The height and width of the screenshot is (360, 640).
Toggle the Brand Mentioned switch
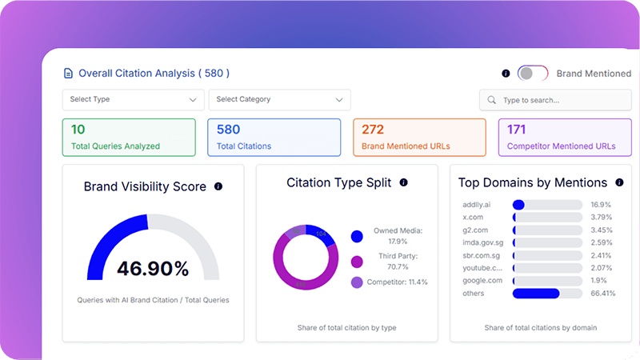[x=532, y=74]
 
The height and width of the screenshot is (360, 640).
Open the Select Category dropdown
[x=279, y=100]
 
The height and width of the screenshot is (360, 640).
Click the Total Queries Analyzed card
[x=129, y=137]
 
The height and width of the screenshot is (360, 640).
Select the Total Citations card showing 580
[x=274, y=137]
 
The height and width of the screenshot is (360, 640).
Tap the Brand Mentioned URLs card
[x=419, y=137]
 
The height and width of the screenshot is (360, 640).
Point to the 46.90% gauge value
[x=152, y=268]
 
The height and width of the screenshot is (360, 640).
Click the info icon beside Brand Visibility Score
[x=218, y=186]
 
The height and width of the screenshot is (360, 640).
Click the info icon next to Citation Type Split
[x=403, y=183]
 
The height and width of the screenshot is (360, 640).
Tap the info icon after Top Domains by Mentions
[x=619, y=183]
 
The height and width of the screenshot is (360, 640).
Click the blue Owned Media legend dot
[x=357, y=236]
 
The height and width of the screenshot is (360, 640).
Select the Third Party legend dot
[x=357, y=261]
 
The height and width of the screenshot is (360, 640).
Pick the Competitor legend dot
[x=357, y=282]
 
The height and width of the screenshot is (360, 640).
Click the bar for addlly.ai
[x=547, y=205]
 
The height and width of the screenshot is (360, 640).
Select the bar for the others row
[x=547, y=294]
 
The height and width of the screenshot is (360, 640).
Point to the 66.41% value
[x=603, y=294]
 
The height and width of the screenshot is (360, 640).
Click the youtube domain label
[x=482, y=268]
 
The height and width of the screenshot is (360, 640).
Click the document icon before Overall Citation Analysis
[x=68, y=74]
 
